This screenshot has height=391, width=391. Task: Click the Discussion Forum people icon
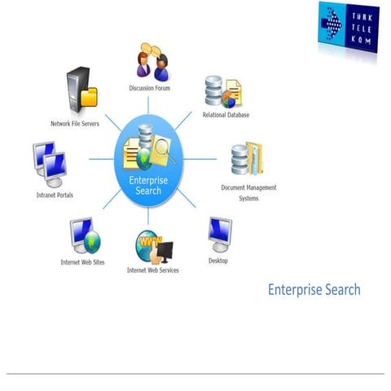click(x=152, y=61)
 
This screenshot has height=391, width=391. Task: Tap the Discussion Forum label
click(x=150, y=88)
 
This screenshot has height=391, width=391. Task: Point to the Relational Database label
click(x=226, y=115)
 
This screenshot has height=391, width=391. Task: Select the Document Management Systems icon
click(x=247, y=160)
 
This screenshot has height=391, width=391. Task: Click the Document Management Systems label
click(x=248, y=192)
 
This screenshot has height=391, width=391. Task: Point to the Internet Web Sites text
click(x=81, y=262)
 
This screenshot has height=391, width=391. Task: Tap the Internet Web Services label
click(x=152, y=270)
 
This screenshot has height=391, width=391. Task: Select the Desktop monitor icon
click(x=219, y=235)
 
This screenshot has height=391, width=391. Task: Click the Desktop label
click(x=217, y=261)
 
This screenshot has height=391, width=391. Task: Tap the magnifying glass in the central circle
click(x=165, y=149)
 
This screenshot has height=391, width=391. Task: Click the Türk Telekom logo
click(x=349, y=27)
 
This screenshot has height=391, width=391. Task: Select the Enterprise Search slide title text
click(x=314, y=290)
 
